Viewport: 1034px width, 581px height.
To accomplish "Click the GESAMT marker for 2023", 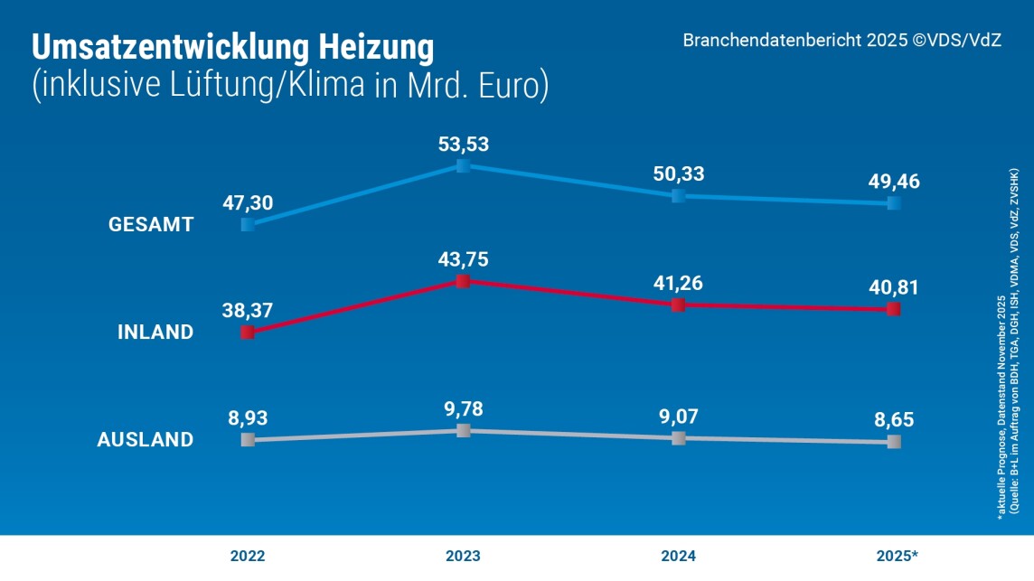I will [x=463, y=166].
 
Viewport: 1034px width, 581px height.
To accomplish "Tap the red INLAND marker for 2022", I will [x=248, y=333].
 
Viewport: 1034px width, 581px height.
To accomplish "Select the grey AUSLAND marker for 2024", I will [x=678, y=438].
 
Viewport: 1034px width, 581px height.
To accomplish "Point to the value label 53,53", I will [x=463, y=145].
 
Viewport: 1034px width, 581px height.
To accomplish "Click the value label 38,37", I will [x=248, y=310].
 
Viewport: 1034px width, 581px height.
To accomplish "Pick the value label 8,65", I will [x=893, y=419].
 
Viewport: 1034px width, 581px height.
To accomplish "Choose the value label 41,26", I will [x=678, y=283].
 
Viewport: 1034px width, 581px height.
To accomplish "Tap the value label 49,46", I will [x=893, y=182].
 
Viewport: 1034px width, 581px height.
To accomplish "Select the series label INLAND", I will [x=155, y=333].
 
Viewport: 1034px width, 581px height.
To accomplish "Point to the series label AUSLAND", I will [x=146, y=440].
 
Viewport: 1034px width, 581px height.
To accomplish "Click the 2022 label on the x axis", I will [x=248, y=556].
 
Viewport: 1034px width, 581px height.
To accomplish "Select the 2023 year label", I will [x=463, y=556].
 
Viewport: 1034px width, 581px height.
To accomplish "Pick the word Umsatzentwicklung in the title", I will [x=163, y=48].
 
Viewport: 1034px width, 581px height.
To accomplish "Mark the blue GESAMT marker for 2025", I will [x=893, y=203].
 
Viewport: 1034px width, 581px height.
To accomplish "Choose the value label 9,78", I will [x=463, y=408].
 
